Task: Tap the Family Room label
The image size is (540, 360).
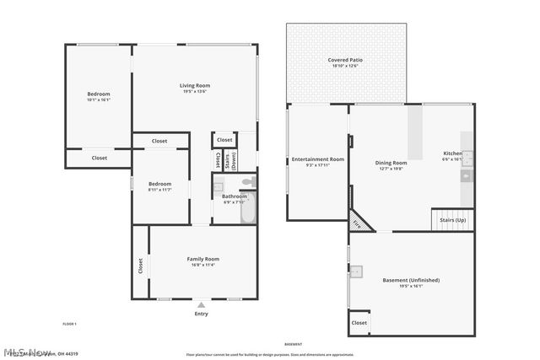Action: (x=202, y=261)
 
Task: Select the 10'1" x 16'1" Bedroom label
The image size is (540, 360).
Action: (x=99, y=96)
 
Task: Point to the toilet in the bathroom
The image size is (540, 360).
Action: (x=246, y=182)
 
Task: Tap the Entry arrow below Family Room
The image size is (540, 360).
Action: (x=201, y=304)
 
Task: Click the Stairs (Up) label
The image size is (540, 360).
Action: (x=451, y=220)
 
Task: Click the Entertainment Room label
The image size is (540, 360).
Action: (x=318, y=161)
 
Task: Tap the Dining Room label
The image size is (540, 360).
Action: (x=391, y=164)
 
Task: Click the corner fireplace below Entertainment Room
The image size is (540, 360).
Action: (x=359, y=222)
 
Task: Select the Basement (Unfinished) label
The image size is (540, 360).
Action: (x=411, y=282)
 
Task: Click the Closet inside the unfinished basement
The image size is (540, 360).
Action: (x=359, y=322)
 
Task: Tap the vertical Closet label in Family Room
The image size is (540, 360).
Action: (x=140, y=265)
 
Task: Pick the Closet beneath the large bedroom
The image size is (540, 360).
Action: (x=100, y=158)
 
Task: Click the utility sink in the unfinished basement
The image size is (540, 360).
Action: (x=358, y=271)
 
